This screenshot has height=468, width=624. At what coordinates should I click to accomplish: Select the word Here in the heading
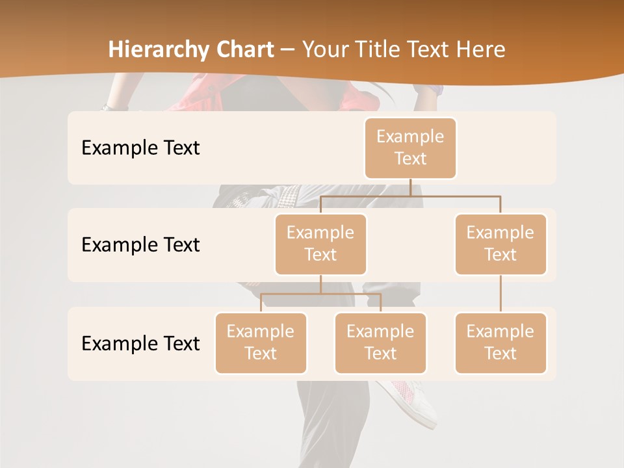tap(480, 49)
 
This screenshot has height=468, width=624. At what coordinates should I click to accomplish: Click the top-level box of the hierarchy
tap(410, 148)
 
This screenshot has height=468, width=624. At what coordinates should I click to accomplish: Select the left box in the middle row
tap(320, 244)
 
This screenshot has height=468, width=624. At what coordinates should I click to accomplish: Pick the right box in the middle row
tap(500, 244)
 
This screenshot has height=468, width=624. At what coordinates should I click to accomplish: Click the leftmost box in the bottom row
tap(261, 343)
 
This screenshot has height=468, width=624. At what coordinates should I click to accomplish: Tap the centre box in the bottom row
tap(380, 343)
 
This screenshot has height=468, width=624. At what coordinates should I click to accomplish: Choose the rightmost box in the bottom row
tap(500, 343)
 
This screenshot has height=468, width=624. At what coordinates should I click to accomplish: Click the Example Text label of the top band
tap(140, 148)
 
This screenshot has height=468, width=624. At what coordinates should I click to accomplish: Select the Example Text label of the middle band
tap(140, 245)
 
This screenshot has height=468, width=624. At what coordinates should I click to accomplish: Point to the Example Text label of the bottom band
tap(140, 343)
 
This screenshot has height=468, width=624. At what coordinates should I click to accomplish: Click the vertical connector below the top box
tap(410, 187)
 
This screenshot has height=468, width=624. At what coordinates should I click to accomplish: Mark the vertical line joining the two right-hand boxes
tap(500, 294)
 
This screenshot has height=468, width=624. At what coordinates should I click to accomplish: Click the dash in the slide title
tap(287, 50)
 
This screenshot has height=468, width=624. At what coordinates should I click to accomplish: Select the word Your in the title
tap(324, 49)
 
